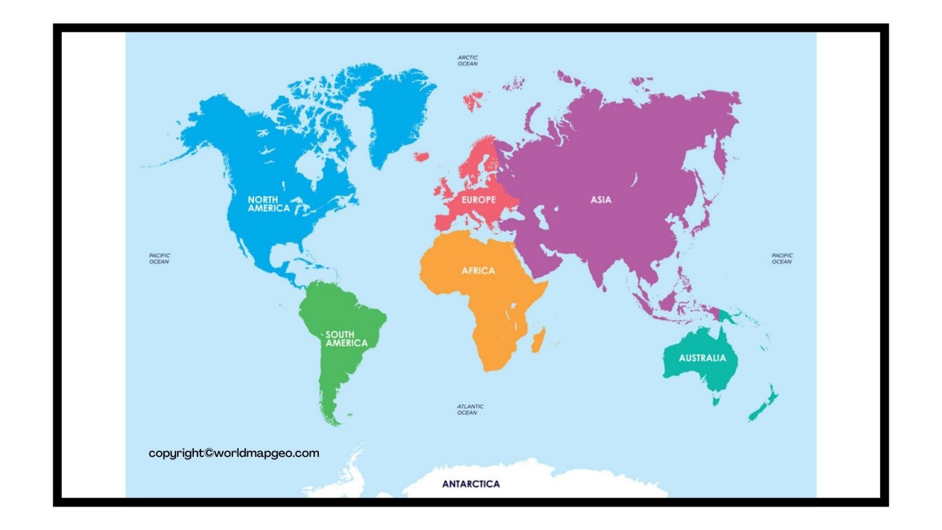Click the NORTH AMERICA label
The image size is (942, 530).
pos(269,204)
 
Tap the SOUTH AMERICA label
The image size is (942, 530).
pos(347,339)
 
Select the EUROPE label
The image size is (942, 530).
pos(478,200)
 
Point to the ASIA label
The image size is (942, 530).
pos(600,199)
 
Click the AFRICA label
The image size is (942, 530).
pos(478,271)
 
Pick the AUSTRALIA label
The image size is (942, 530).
pos(702,358)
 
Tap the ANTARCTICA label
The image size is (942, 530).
pos(470,484)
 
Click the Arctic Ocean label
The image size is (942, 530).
pos(467,60)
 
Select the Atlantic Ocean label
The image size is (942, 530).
pos(470,409)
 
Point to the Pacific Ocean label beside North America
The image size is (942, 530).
pos(159,258)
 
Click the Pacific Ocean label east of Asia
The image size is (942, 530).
pos(781,258)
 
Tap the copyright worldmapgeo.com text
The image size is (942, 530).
pos(234,453)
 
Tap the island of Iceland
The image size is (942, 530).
pos(421,156)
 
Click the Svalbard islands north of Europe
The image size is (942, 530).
pos(472,100)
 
